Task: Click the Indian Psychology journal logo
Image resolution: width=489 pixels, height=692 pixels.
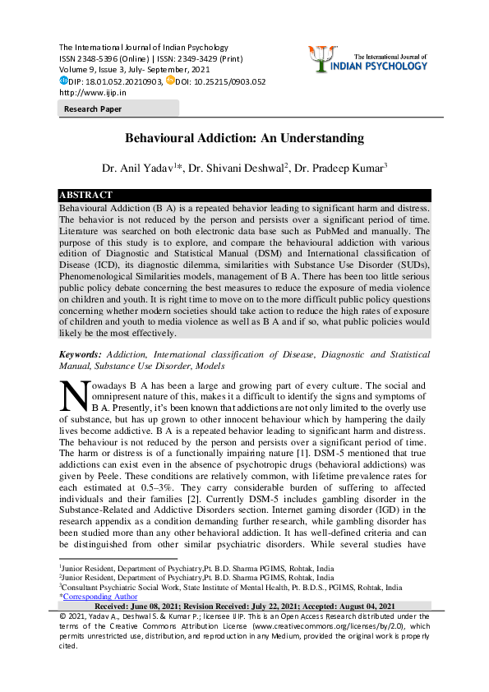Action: pos(385,58)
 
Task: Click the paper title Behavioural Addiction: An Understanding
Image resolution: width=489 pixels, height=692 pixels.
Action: pos(244,140)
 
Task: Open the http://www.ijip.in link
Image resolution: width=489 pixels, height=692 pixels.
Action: pos(91,93)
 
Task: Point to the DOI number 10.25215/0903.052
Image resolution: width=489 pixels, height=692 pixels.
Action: pos(228,81)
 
